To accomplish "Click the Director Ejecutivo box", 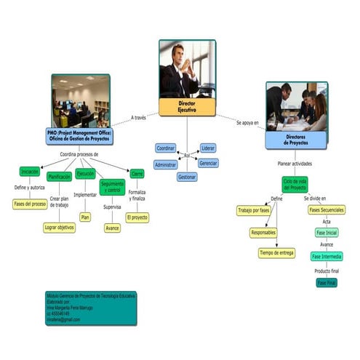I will [187, 108].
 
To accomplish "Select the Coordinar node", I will [166, 148].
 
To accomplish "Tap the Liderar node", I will [208, 148].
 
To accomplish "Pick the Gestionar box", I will [187, 177].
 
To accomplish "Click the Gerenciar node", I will [209, 163].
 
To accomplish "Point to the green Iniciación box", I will [30, 172].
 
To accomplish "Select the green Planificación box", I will [59, 177].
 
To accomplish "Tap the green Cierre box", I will [137, 174].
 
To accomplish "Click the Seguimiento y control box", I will [112, 186].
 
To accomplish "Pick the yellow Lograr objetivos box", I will [59, 227].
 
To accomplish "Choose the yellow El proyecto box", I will [137, 217].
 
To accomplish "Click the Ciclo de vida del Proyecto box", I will [295, 184].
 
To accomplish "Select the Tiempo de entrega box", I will [276, 253].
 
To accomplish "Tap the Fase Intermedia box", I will [327, 257].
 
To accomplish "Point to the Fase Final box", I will [327, 282].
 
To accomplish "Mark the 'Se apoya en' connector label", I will [247, 122].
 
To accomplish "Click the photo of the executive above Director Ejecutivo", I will [187, 68].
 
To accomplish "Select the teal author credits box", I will [91, 308].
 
